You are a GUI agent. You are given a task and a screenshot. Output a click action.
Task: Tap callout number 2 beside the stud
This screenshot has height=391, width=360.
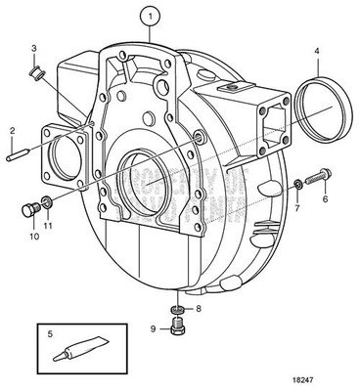[x=12, y=130]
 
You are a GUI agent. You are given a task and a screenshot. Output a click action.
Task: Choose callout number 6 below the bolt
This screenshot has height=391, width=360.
[x=326, y=198]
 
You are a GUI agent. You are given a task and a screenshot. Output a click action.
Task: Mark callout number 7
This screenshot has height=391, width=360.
[x=297, y=207]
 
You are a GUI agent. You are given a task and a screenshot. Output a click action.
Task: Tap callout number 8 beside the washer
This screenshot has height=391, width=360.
[x=200, y=309]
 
